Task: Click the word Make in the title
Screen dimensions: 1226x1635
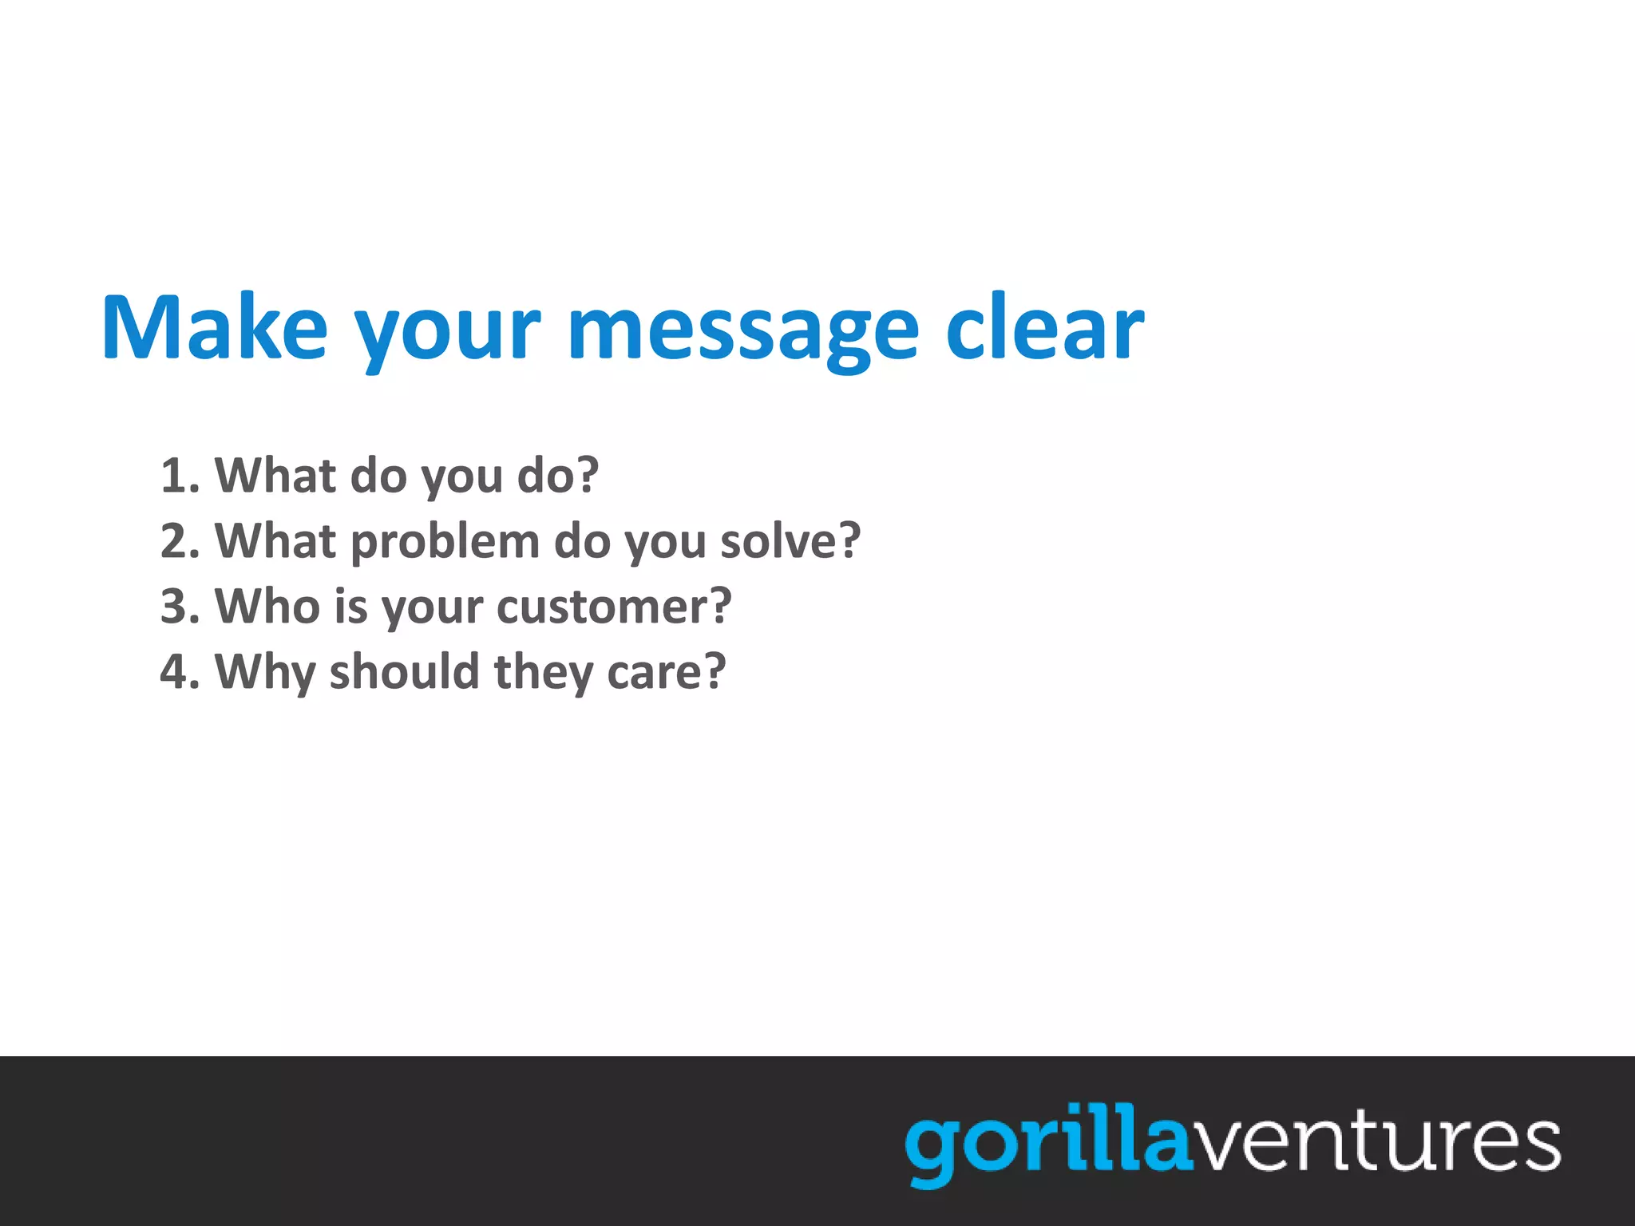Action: (214, 328)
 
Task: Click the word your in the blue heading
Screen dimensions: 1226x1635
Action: (447, 335)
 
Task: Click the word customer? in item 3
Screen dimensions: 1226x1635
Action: (614, 607)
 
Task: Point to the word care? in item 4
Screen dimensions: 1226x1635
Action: (667, 672)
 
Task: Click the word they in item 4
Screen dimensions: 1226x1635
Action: (544, 674)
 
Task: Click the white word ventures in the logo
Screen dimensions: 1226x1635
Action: (1375, 1143)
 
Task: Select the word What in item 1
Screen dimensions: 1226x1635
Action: (275, 476)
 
